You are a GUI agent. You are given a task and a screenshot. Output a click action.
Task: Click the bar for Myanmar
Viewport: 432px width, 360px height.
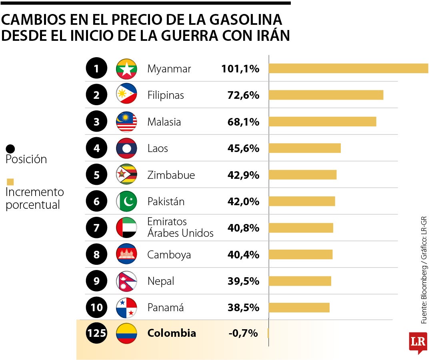pyautogui.click(x=348, y=68)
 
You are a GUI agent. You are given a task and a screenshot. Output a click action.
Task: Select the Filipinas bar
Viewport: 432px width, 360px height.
pyautogui.click(x=326, y=95)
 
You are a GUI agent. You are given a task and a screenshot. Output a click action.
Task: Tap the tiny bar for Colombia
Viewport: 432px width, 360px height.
pyautogui.click(x=268, y=333)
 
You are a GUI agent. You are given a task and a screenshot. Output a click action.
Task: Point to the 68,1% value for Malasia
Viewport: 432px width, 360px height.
pyautogui.click(x=243, y=122)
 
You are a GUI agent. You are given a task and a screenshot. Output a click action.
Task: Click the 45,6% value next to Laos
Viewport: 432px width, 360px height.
pyautogui.click(x=243, y=148)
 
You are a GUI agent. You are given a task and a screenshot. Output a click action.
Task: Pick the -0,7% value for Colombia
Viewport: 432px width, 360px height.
pyautogui.click(x=243, y=333)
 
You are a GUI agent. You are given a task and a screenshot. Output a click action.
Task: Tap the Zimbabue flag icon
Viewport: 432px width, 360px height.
pyautogui.click(x=126, y=175)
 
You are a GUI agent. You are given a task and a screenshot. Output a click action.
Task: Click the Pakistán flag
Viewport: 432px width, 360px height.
pyautogui.click(x=126, y=201)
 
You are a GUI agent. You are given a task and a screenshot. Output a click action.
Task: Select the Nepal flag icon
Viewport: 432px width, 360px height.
pyautogui.click(x=126, y=281)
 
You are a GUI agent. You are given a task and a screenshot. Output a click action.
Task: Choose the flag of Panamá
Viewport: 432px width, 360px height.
pyautogui.click(x=126, y=308)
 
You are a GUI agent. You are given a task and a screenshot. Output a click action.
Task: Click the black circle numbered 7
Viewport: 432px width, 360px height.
pyautogui.click(x=96, y=228)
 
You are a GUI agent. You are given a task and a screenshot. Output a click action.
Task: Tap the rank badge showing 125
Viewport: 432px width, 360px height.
pyautogui.click(x=96, y=333)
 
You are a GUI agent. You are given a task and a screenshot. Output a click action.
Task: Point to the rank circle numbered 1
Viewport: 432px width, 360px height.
pyautogui.click(x=96, y=69)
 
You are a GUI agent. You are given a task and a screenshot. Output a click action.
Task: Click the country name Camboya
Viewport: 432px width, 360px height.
pyautogui.click(x=169, y=255)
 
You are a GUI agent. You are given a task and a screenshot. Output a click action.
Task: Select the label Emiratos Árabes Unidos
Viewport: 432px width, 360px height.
pyautogui.click(x=180, y=227)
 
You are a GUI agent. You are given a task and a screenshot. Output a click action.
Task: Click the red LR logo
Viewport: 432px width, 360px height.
pyautogui.click(x=418, y=342)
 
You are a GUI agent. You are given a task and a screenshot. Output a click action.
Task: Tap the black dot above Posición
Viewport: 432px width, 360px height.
pyautogui.click(x=10, y=149)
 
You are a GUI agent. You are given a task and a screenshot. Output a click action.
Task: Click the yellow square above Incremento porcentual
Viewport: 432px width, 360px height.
pyautogui.click(x=10, y=182)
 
